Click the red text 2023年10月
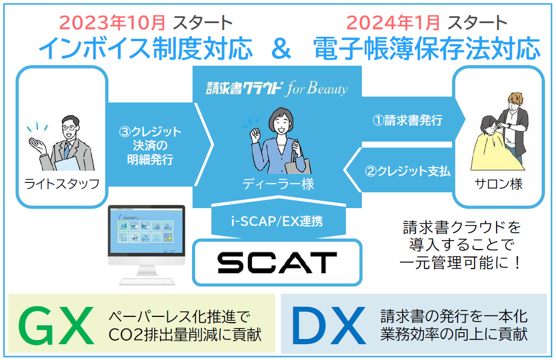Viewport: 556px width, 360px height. (113, 23)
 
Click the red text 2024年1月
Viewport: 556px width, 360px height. (393, 23)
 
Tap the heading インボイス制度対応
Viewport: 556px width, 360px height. (146, 48)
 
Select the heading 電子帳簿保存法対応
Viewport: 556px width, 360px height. (427, 48)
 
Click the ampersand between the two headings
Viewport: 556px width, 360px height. (281, 49)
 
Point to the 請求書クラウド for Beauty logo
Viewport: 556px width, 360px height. (277, 88)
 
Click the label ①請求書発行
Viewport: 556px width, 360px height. (408, 120)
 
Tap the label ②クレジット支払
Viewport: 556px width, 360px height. (408, 171)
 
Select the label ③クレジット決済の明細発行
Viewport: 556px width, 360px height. (150, 145)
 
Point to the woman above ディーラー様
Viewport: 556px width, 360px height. (278, 141)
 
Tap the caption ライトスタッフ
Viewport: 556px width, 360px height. (62, 184)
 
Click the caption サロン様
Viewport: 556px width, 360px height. (499, 184)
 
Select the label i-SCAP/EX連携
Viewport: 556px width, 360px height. (277, 221)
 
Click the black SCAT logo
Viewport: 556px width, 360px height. (277, 263)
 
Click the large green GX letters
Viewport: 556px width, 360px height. (57, 326)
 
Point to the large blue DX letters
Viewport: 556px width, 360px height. (329, 326)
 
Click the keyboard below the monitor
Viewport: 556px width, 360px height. (147, 281)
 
